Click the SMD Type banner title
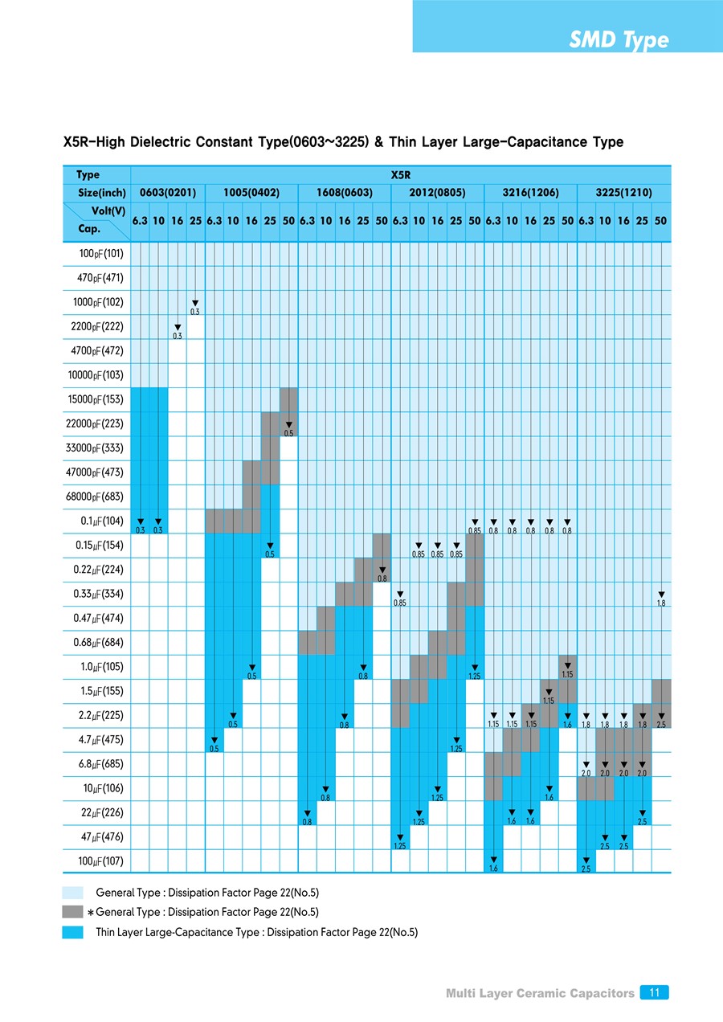(619, 40)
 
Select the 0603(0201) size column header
(168, 194)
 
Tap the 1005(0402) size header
(251, 194)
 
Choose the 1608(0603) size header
(343, 194)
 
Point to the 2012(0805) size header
(436, 194)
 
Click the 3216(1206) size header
(529, 194)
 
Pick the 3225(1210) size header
(623, 194)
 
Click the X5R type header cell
(400, 174)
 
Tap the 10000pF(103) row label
(95, 375)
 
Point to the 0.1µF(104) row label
(101, 521)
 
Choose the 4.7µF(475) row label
(101, 739)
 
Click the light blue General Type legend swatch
(73, 893)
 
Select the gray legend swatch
(73, 912)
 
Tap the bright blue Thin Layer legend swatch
(73, 932)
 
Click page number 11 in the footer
(655, 993)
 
